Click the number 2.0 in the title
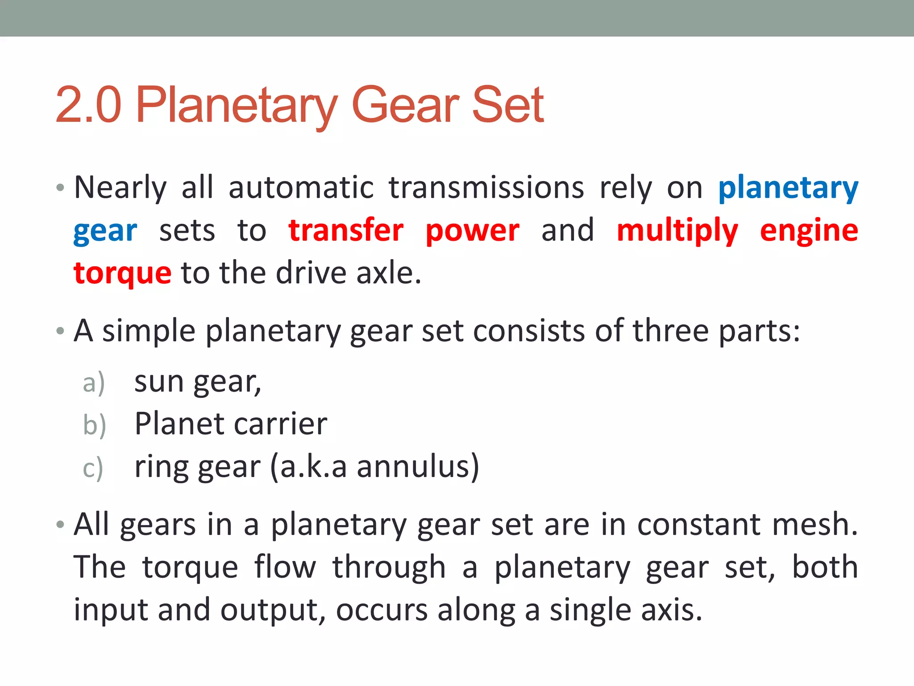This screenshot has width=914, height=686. point(88,105)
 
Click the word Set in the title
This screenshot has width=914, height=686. point(507,105)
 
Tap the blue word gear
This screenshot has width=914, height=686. point(105,231)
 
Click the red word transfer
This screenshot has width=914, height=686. point(346,230)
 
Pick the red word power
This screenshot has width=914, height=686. point(472,231)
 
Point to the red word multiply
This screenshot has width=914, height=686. point(677,231)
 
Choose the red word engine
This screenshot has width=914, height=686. point(809,231)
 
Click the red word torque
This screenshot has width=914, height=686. point(123,273)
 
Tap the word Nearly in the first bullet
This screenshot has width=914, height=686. point(120,188)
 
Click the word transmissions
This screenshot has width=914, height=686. point(486,188)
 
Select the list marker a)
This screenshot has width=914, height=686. point(94,383)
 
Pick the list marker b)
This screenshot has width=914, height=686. point(94,425)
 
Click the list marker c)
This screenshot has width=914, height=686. point(93,468)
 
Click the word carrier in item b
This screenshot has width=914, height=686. point(280,424)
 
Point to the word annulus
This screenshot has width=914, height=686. point(418,467)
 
